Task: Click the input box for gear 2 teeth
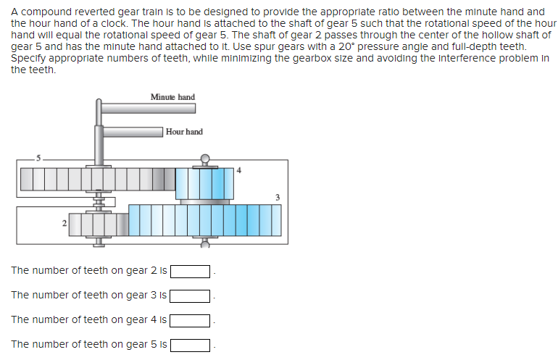coord(191,272)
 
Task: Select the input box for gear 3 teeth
coord(191,296)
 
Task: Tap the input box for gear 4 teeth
coord(191,320)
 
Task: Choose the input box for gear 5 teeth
coord(191,345)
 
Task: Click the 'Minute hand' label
coord(172,97)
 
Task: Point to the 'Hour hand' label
coord(184,132)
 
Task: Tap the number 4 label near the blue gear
coord(238,171)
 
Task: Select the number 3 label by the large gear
coord(277,197)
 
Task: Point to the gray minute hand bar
coord(148,108)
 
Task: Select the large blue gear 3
coord(204,220)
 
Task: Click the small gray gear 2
coord(97,225)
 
